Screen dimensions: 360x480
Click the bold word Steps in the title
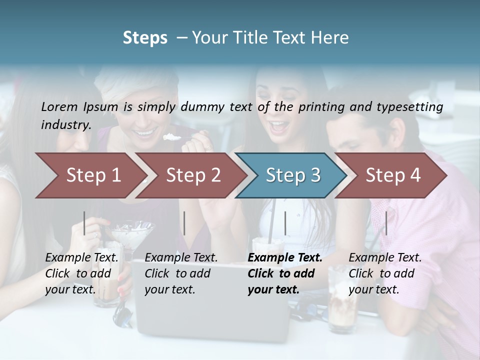click(145, 37)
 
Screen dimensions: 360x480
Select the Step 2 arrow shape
click(190, 175)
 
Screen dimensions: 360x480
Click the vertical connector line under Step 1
click(84, 223)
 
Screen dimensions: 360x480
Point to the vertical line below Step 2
click(184, 223)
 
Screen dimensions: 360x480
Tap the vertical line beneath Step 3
click(285, 223)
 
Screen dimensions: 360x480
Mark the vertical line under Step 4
click(386, 223)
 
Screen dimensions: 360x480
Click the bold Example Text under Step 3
click(285, 258)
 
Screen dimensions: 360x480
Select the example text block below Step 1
click(82, 273)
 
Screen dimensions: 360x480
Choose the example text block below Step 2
click(181, 273)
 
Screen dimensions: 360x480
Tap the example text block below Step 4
click(385, 273)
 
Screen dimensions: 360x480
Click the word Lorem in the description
click(59, 106)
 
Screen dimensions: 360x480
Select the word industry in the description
click(66, 124)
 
